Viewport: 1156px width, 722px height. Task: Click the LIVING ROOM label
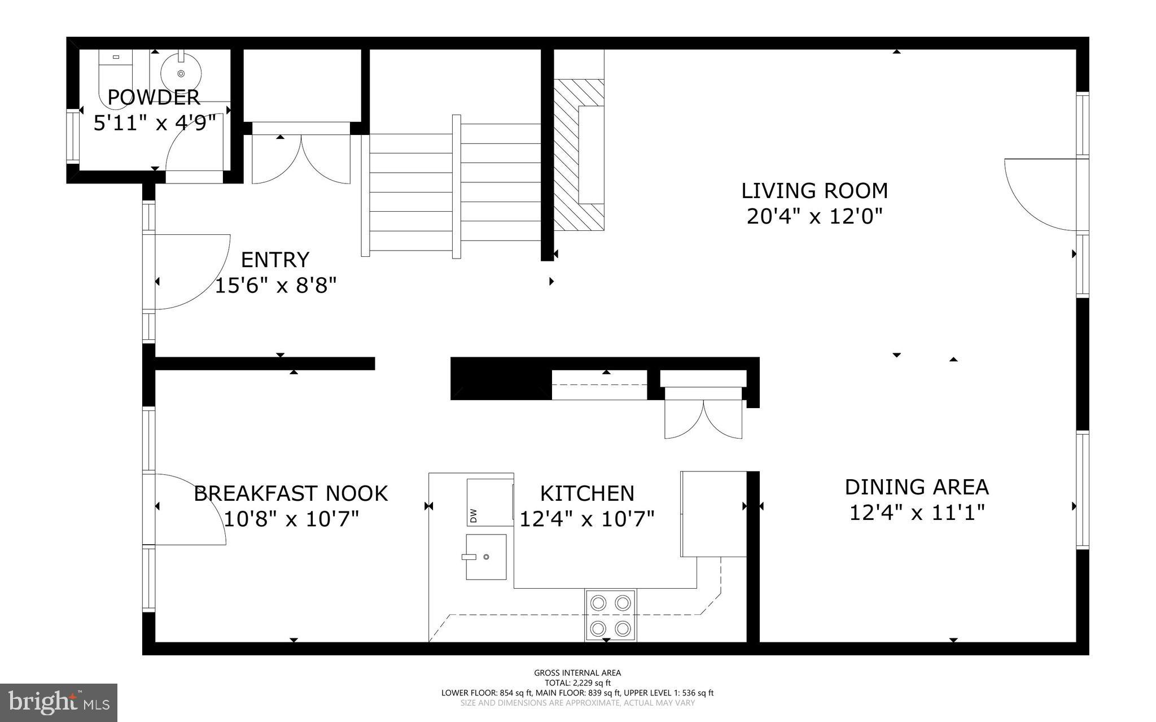tap(814, 191)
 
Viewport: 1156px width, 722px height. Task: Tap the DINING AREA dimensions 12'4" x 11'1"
tap(917, 513)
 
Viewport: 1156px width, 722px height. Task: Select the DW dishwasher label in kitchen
tap(473, 515)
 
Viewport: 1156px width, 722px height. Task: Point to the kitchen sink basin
tap(485, 557)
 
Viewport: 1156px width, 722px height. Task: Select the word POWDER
tap(154, 98)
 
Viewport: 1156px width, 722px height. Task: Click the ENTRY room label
tap(275, 260)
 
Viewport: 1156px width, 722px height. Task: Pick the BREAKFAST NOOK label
tap(291, 493)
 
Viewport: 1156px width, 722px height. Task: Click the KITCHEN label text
tap(587, 493)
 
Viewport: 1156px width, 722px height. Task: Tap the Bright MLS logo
tap(59, 702)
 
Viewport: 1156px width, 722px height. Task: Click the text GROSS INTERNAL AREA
tap(577, 672)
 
